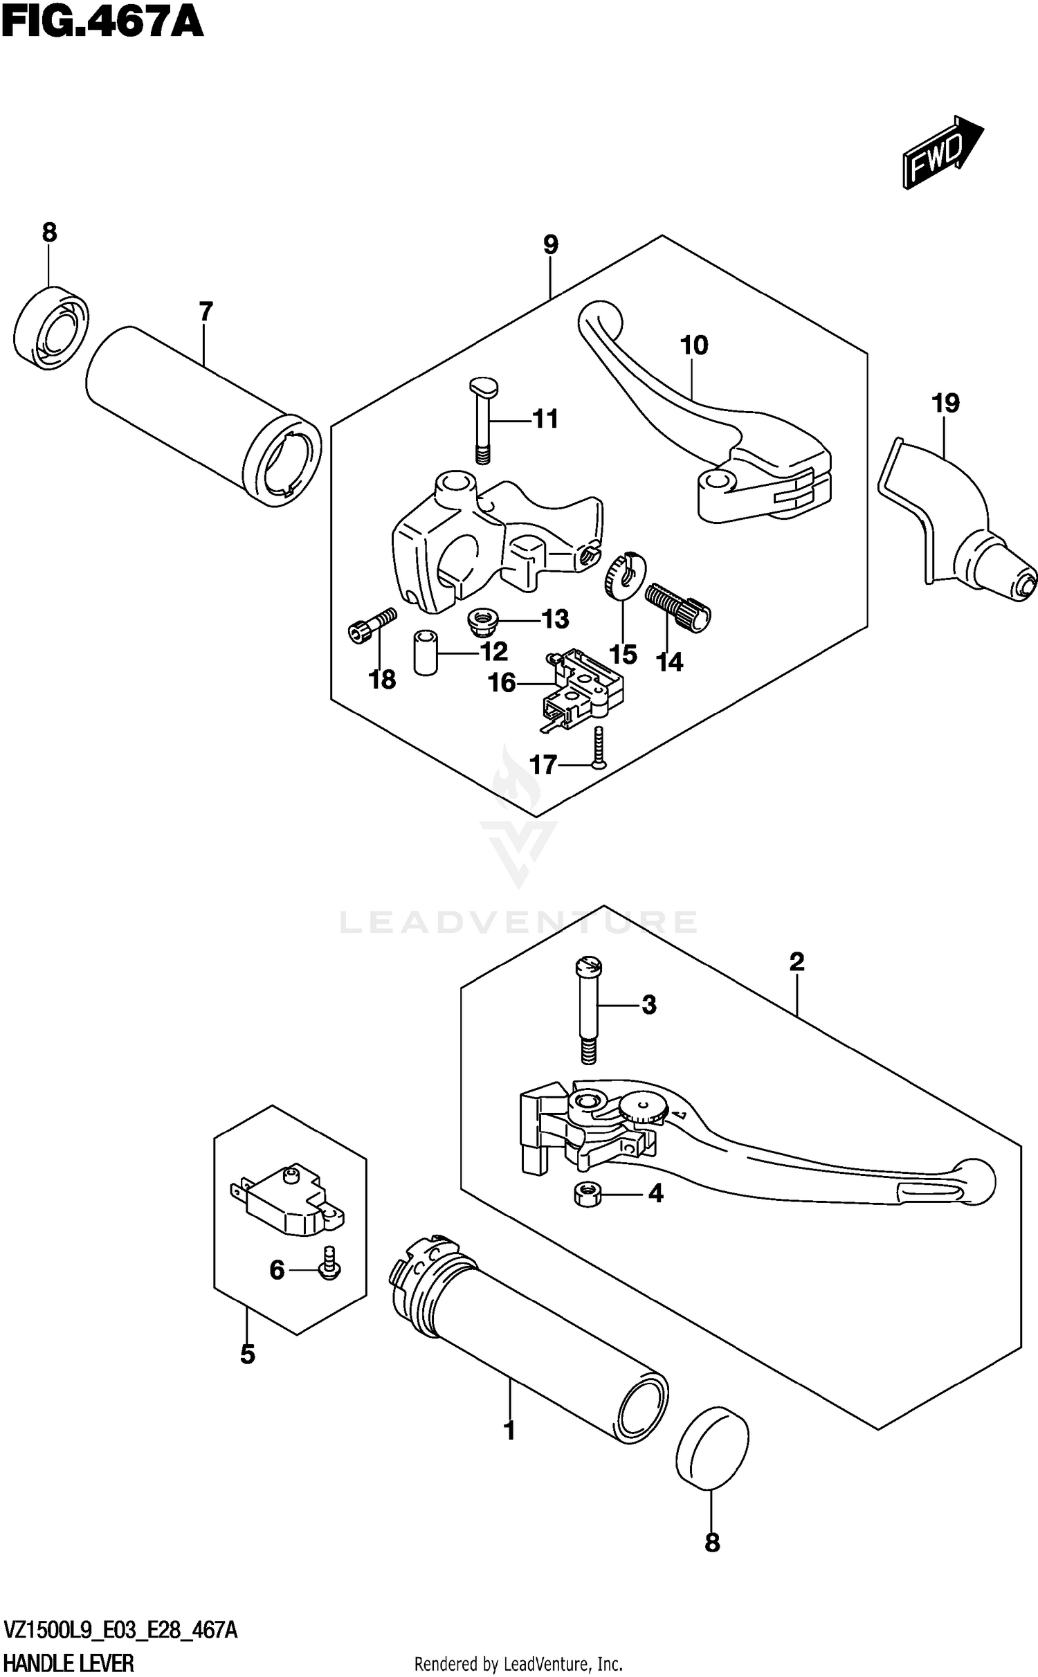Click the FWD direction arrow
[943, 152]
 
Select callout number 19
[945, 403]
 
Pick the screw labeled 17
[598, 747]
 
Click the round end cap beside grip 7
[51, 325]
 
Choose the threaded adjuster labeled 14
[679, 604]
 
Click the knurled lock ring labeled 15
[625, 576]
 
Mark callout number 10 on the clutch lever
[694, 345]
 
